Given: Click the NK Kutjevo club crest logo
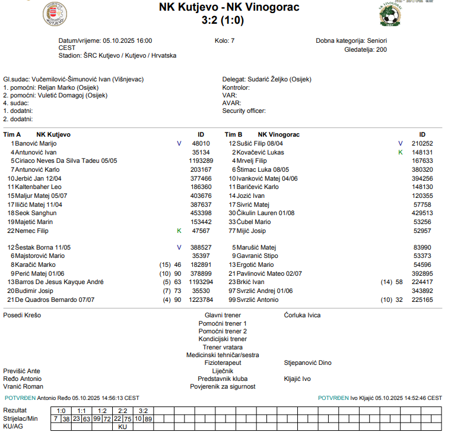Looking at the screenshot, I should point(55,14).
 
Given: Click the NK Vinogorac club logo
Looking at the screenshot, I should point(390,13).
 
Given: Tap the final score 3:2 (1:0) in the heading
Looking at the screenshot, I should point(223,20).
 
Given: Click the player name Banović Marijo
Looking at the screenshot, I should point(36,143).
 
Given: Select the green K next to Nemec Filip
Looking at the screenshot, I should point(179,230).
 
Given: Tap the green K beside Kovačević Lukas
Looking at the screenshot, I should point(401,152).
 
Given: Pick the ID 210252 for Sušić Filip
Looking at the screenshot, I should point(422,143).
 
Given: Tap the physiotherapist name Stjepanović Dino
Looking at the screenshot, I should point(308,363).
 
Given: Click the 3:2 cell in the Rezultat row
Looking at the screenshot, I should point(143,411).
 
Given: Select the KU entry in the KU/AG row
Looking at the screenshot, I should point(123,426).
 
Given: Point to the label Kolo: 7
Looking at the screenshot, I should point(225,41).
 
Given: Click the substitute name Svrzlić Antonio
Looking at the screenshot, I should point(258,300).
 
